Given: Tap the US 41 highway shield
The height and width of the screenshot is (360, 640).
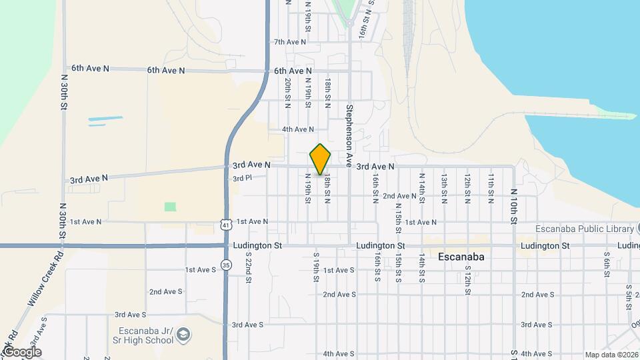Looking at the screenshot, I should pyautogui.click(x=227, y=225).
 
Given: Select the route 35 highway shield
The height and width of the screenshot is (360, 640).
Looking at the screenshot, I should pyautogui.click(x=227, y=265).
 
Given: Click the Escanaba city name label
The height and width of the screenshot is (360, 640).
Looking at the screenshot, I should pyautogui.click(x=461, y=257).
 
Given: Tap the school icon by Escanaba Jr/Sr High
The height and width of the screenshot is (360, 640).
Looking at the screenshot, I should pyautogui.click(x=184, y=333).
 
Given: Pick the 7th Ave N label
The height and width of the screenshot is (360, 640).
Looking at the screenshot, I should pyautogui.click(x=289, y=42).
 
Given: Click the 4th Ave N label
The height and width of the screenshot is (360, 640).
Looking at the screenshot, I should pyautogui.click(x=297, y=129).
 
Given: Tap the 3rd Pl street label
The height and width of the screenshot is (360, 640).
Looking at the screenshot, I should pyautogui.click(x=241, y=179).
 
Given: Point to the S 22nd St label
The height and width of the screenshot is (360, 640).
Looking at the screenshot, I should pyautogui.click(x=247, y=267).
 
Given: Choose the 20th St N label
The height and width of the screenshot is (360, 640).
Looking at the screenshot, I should pyautogui.click(x=287, y=93).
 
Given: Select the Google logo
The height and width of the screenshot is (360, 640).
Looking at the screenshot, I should pyautogui.click(x=21, y=352).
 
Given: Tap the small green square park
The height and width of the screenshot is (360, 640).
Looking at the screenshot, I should pyautogui.click(x=171, y=207).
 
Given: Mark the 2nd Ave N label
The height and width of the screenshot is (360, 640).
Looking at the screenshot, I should pyautogui.click(x=399, y=196).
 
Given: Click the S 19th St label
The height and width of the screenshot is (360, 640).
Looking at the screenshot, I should pyautogui.click(x=317, y=267).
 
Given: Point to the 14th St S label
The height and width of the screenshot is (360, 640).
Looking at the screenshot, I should pyautogui.click(x=421, y=267).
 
